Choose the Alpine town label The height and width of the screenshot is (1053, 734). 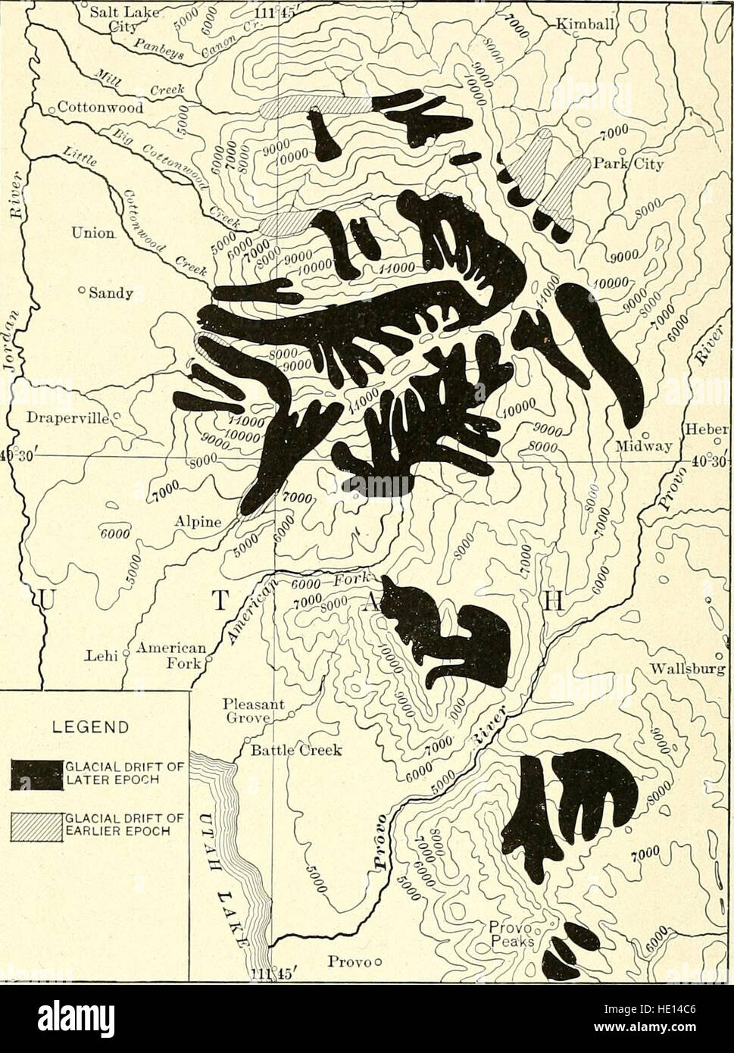coord(196,522)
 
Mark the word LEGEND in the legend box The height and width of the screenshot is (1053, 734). coord(95,728)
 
